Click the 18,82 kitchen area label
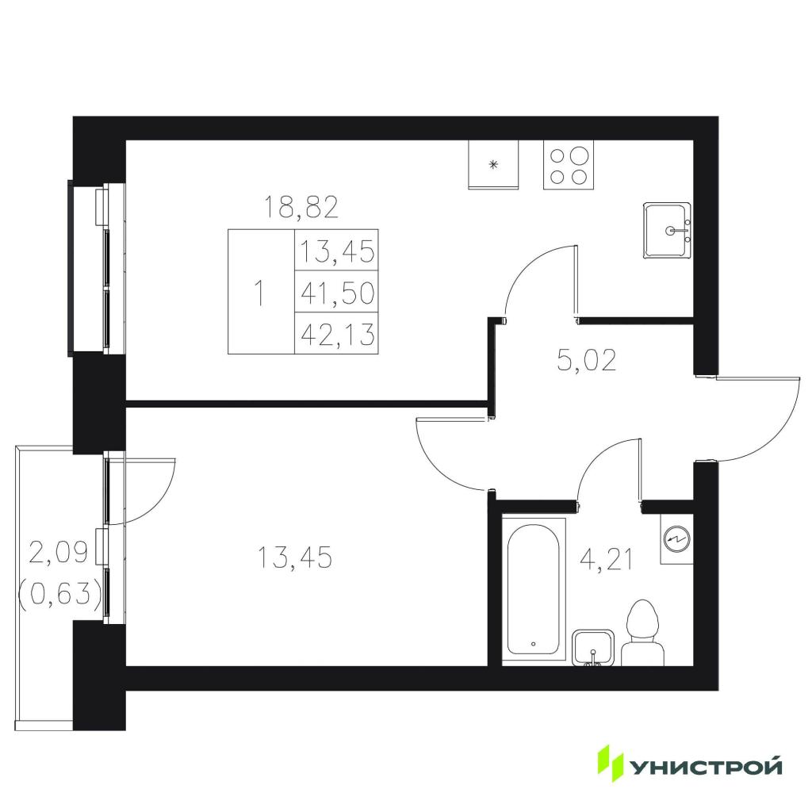point(301,207)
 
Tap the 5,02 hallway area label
point(587,360)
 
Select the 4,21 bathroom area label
point(607,561)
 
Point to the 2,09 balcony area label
point(59,553)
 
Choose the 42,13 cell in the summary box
point(337,334)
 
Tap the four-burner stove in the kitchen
point(568,165)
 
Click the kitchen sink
point(667,231)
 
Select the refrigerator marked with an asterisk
point(493,165)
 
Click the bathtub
point(534,589)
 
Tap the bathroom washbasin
point(593,647)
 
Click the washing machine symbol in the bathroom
point(676,539)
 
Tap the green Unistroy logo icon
point(611,763)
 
